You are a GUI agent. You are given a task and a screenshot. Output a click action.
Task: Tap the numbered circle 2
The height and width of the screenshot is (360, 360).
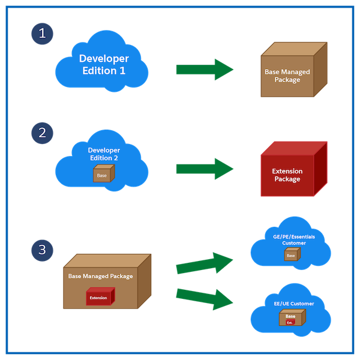pos(42,133)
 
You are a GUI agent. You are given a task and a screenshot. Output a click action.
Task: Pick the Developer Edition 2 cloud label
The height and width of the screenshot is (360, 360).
pos(104,154)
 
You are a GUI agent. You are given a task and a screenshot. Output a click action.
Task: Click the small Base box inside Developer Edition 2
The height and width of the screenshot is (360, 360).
pos(102,175)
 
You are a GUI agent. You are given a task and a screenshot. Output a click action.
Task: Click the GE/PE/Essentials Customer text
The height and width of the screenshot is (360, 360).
pos(294,240)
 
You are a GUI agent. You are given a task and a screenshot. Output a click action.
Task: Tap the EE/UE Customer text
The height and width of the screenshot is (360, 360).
pos(291,304)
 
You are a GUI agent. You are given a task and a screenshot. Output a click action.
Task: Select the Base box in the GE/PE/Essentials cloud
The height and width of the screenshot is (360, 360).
pos(292,255)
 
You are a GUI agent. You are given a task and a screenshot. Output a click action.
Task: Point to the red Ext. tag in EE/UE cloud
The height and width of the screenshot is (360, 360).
pos(290,322)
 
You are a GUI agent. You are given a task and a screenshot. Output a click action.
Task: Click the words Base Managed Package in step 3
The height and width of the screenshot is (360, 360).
pos(101,277)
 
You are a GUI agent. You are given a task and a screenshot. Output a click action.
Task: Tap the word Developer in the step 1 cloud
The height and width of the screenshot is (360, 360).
pos(104,58)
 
